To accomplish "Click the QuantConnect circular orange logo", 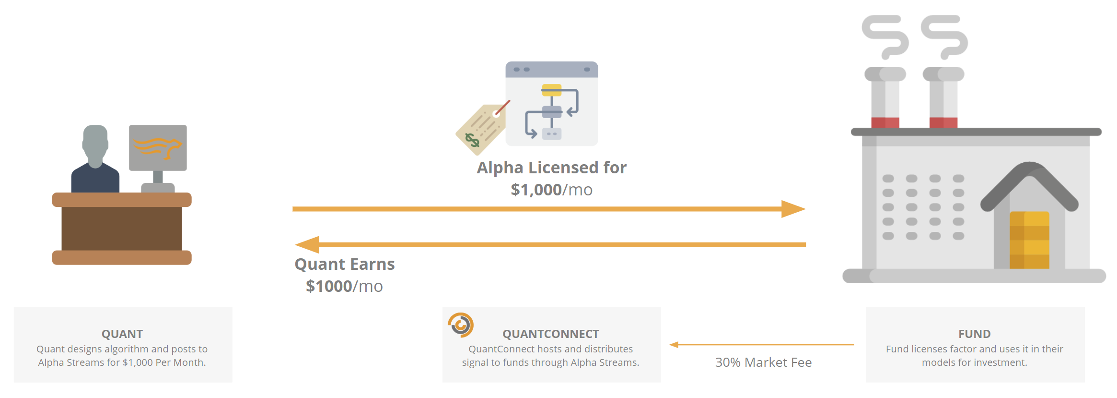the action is (x=461, y=325).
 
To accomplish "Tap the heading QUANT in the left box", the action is (x=122, y=334).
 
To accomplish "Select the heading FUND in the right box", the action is (x=975, y=334).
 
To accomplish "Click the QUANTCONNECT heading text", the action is (x=551, y=334).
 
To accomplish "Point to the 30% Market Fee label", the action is (x=763, y=362).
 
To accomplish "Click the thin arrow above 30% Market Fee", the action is (x=761, y=344).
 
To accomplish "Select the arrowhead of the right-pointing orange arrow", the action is (x=793, y=209).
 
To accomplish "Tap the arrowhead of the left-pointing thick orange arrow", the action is (x=307, y=244).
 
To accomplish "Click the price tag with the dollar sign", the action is (x=482, y=128).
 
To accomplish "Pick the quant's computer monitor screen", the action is (x=158, y=148).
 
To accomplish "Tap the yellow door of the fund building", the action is (x=1029, y=240).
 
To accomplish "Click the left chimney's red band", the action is (x=885, y=122).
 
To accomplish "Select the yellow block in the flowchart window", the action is (x=551, y=89).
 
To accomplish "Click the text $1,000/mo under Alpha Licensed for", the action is (x=551, y=190).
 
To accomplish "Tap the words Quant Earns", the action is (x=345, y=264).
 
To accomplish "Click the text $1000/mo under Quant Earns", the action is (x=344, y=286).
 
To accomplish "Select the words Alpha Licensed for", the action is (x=551, y=168).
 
